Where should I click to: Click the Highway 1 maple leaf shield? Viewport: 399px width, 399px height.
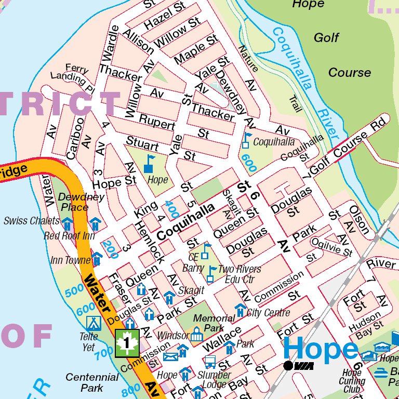(x=127, y=343)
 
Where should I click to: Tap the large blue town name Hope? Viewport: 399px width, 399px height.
(x=321, y=349)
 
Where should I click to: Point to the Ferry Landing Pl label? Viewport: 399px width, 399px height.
(x=73, y=76)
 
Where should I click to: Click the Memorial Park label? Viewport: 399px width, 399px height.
(x=214, y=323)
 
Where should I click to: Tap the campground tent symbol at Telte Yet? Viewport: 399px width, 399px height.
(x=94, y=323)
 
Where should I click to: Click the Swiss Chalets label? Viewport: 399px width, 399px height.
(x=31, y=221)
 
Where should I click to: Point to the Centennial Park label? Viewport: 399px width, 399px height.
(x=92, y=382)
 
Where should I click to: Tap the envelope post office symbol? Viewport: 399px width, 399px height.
(x=170, y=356)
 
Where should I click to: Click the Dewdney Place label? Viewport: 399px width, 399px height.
(x=81, y=202)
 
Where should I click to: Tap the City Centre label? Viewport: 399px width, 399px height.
(x=268, y=313)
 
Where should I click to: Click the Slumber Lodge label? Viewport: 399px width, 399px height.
(x=214, y=379)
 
